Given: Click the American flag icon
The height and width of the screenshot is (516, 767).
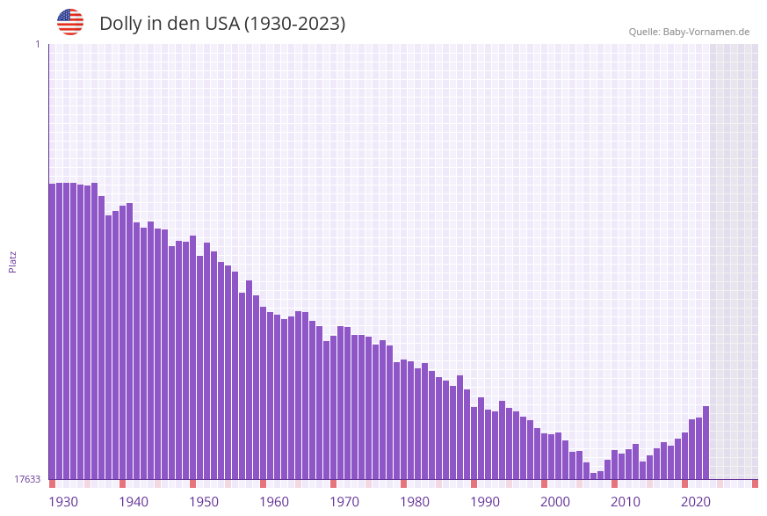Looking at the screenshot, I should coord(70,22).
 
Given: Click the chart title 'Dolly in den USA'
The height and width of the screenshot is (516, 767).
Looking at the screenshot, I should coord(222,24).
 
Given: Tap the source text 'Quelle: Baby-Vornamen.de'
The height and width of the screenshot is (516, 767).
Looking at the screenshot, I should coord(689,32).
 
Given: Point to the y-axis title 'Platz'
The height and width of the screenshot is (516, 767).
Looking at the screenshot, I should coord(13,261).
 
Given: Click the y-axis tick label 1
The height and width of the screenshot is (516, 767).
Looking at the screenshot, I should coord(37,44).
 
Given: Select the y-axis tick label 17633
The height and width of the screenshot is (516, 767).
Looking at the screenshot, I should coord(27,479).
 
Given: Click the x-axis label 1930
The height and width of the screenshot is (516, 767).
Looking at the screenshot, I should coord(63,502).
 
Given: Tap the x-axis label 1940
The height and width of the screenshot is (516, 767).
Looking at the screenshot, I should coord(134,502).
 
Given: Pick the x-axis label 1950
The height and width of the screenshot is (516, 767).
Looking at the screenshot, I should coord(204,502).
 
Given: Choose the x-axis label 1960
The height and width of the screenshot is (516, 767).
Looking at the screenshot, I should coord(274,502).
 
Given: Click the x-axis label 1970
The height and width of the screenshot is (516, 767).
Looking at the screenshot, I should coord(344,502).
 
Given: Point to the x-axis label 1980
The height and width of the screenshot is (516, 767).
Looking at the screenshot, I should coord(415,502).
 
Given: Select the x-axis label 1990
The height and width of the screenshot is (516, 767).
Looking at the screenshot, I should coord(485,502).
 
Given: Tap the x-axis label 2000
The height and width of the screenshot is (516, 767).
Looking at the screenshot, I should coord(555,502).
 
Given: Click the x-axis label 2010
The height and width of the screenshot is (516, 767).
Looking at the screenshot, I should coord(626,502).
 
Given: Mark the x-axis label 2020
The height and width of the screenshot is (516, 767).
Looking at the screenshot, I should coord(696,502).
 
